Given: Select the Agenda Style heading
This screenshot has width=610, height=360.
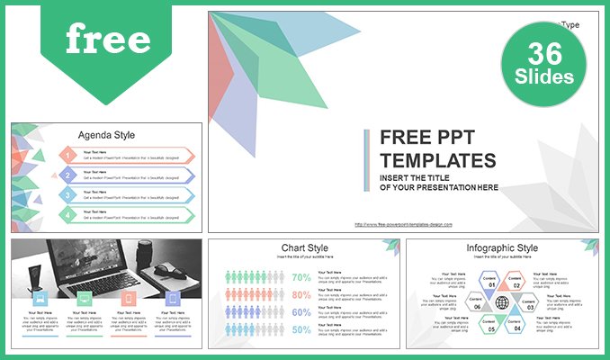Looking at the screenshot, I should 106,135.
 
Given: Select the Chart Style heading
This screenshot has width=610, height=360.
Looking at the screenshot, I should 302,247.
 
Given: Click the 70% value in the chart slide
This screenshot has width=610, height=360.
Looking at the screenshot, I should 302,277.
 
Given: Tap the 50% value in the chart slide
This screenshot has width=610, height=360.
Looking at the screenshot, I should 302,330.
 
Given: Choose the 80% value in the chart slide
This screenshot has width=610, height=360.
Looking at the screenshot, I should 302,295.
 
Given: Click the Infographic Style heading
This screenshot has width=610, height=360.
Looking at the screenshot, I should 502,247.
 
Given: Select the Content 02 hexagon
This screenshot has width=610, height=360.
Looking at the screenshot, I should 516,282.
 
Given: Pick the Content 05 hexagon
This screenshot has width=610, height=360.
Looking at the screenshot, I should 489,326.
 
